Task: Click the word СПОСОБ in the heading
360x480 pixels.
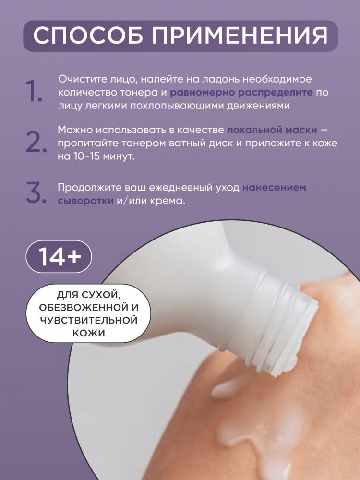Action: tap(88, 36)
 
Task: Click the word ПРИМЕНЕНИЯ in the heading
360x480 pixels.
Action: tap(240, 36)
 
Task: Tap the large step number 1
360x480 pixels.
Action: tap(34, 91)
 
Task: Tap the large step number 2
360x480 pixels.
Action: tap(36, 143)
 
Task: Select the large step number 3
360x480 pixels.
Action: tap(36, 193)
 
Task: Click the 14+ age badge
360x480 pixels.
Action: tap(59, 256)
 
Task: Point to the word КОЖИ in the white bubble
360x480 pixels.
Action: tap(89, 333)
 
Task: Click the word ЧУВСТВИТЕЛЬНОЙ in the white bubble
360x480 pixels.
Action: tap(88, 320)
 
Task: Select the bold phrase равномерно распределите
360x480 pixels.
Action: tap(241, 93)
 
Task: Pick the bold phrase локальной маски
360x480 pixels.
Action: tap(272, 130)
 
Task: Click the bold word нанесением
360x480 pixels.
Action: tap(274, 187)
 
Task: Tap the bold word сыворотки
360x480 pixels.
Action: tap(86, 201)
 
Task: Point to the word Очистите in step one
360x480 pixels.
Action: tap(82, 79)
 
